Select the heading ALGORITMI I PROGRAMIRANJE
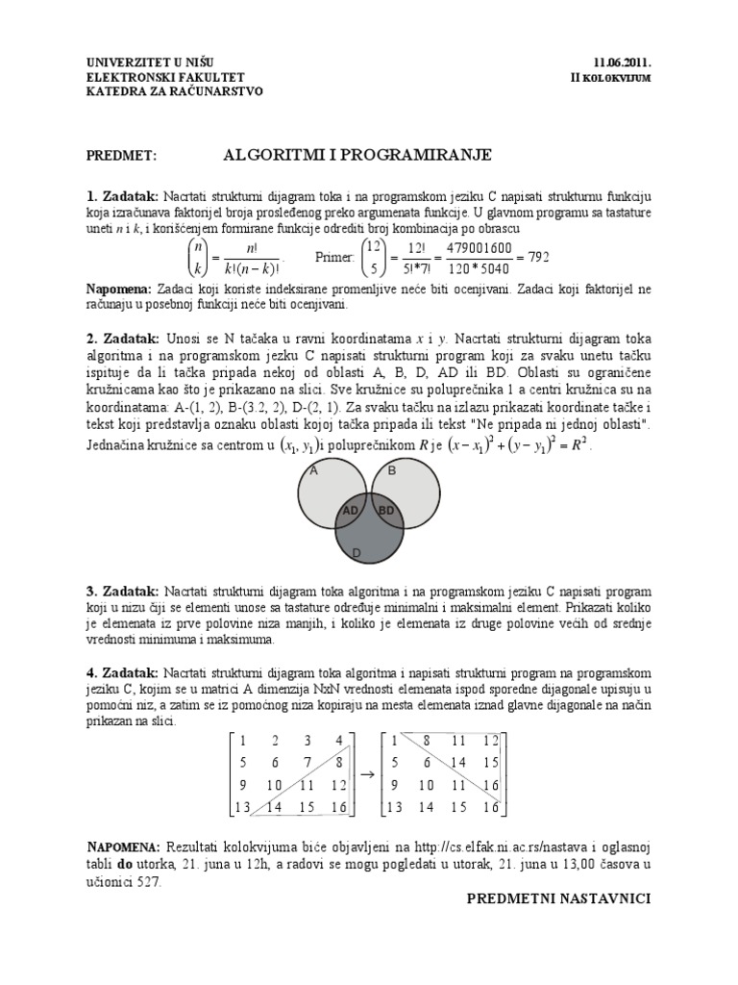coord(357,154)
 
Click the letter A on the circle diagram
coord(313,470)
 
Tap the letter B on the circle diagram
coord(391,470)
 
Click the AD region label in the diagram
coord(351,510)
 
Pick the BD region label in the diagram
coord(386,510)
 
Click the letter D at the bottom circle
coord(356,552)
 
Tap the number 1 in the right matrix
coord(392,740)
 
